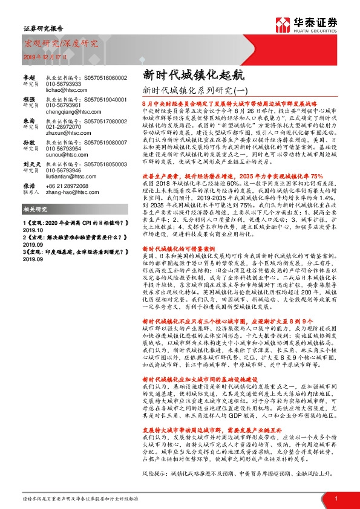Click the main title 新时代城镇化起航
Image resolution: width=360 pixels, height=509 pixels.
tap(186, 75)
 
